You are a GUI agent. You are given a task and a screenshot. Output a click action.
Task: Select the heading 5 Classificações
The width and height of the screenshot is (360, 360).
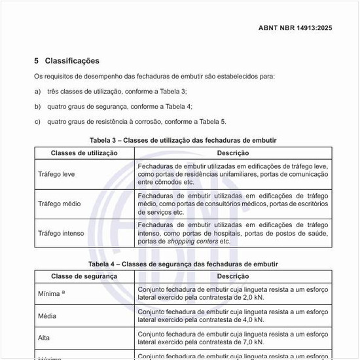tap(67, 61)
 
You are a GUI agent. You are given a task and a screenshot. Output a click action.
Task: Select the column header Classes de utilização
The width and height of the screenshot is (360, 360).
tap(84, 153)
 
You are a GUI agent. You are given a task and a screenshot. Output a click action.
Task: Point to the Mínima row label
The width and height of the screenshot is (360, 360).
tap(50, 293)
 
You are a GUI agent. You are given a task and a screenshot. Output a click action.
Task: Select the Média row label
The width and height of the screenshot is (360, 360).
tap(47, 317)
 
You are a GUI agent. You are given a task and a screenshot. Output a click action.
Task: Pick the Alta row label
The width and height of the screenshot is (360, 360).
tap(44, 338)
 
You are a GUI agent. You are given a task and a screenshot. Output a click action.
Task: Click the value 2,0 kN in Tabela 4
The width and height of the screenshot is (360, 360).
tap(252, 297)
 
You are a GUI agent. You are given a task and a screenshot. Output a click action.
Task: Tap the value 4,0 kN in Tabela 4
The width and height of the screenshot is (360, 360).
tap(252, 321)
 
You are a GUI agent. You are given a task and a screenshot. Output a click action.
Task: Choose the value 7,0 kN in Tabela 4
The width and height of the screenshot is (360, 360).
tap(252, 342)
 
